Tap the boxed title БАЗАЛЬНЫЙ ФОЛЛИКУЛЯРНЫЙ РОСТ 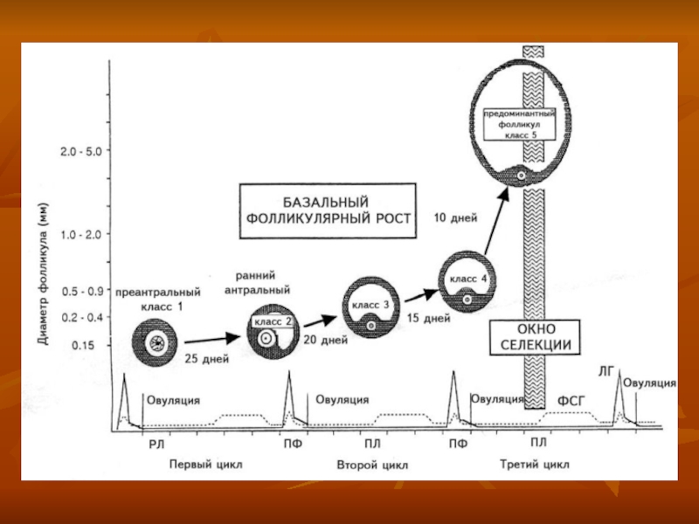[329, 211]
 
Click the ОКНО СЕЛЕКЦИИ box [535, 336]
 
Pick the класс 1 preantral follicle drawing [157, 343]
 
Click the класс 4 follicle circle [467, 282]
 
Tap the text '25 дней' [207, 358]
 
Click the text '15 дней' [427, 319]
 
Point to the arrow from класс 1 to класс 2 [211, 338]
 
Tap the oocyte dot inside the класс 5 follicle [522, 176]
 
